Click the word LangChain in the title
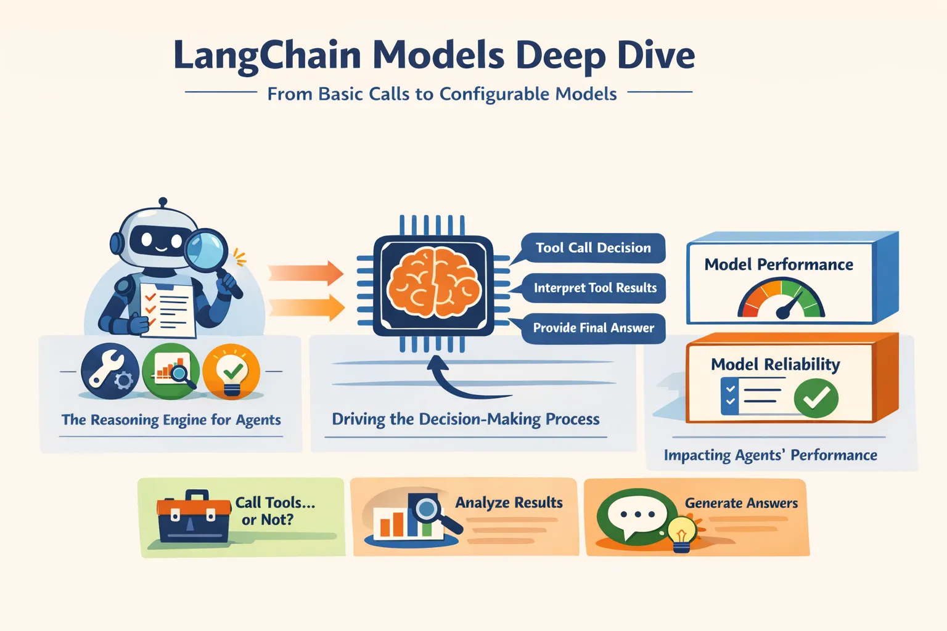click(266, 56)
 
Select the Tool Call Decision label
click(592, 248)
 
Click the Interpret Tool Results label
click(594, 288)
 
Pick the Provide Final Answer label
click(593, 328)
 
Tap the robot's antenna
click(163, 203)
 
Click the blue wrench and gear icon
click(110, 372)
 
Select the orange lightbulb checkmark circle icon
click(232, 372)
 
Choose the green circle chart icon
click(171, 372)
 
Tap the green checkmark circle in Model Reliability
click(816, 398)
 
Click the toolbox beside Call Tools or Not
click(194, 517)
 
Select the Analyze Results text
click(509, 503)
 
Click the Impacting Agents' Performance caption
click(770, 455)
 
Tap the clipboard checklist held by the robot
click(166, 308)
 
